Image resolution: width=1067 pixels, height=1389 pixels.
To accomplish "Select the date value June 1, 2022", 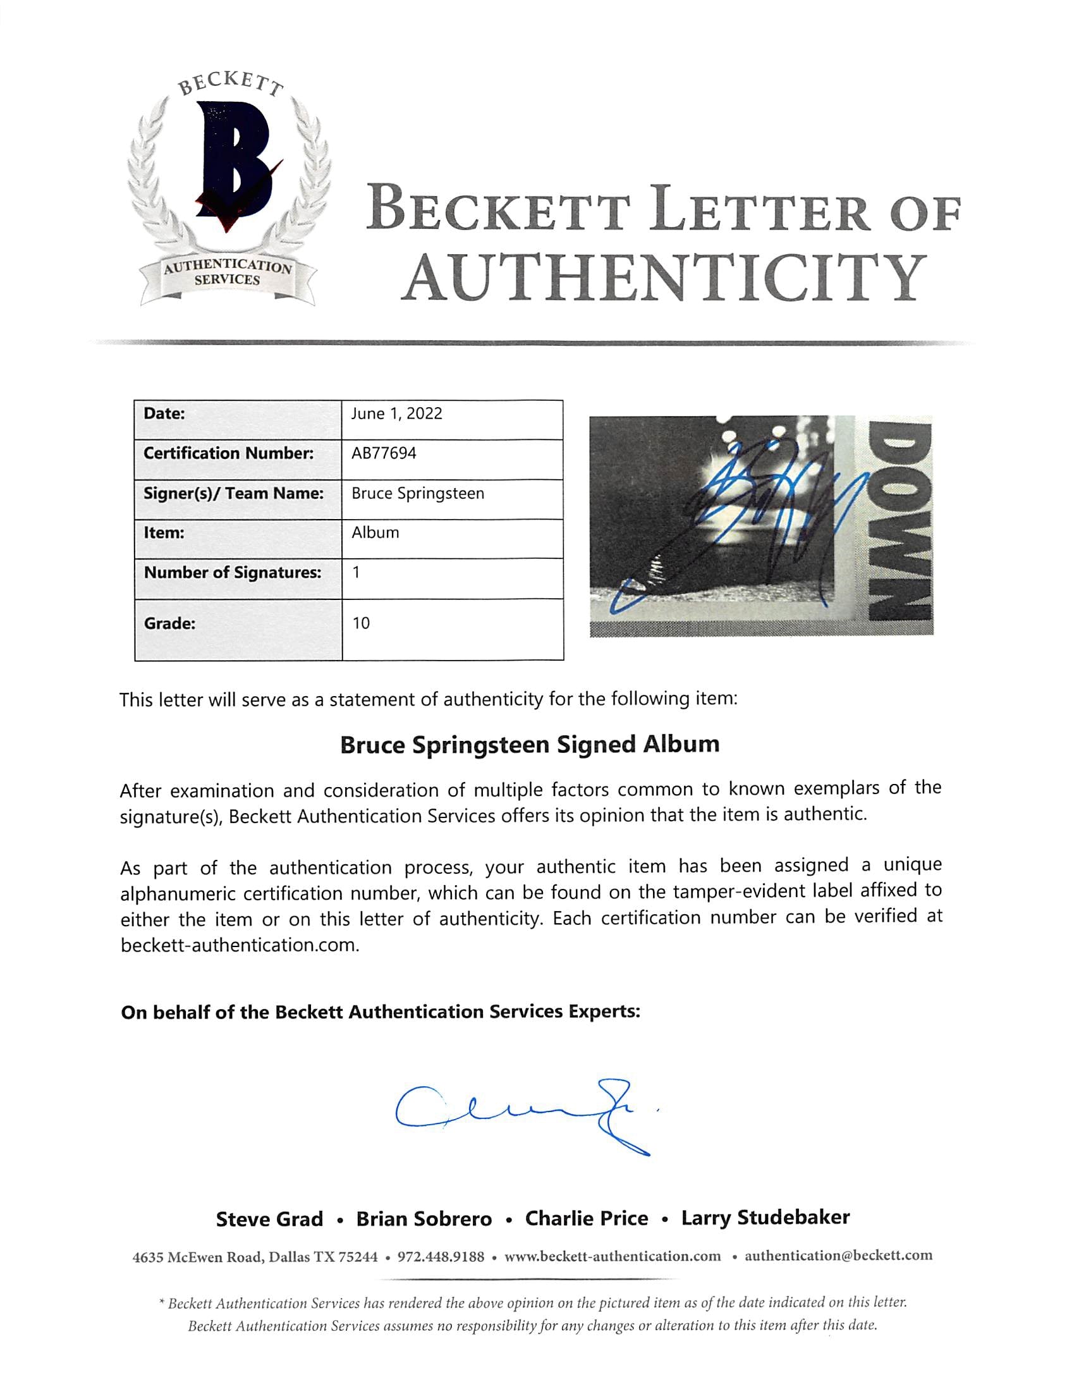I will coord(396,414).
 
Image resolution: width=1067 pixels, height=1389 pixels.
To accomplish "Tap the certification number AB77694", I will coord(384,453).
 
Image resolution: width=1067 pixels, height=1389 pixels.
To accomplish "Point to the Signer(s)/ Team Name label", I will coord(234,494).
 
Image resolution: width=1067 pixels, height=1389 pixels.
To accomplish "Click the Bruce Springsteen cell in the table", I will coord(418,494).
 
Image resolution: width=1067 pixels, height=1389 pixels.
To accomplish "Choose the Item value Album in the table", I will coord(375,533).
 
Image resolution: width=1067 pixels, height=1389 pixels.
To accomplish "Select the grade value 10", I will coord(361,623).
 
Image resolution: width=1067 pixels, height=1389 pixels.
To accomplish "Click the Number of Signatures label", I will coord(233,573).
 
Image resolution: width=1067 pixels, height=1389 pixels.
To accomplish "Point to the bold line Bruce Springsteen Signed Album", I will coord(530,744).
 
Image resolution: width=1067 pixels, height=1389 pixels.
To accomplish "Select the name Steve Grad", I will coord(269,1220).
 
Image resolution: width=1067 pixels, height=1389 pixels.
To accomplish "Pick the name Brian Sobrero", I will coord(424,1220).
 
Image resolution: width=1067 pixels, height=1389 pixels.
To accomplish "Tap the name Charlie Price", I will coord(586,1219).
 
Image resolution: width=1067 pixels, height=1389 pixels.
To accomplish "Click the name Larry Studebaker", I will coord(765,1218).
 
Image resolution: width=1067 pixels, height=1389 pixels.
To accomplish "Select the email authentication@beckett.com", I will coord(838,1256).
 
